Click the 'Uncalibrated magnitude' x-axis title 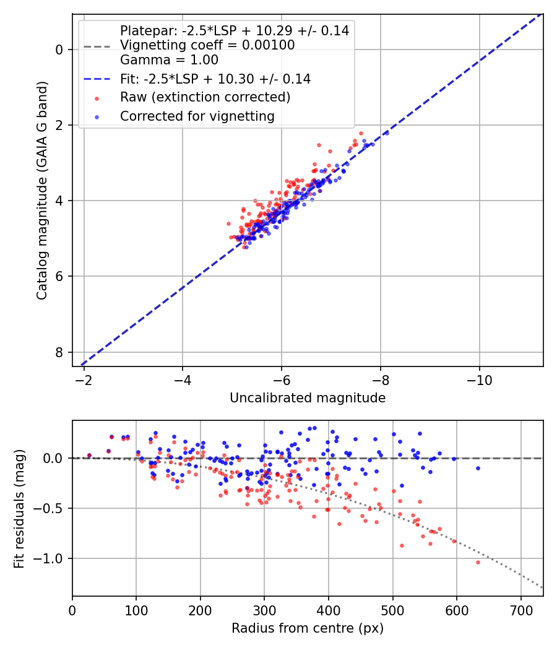coord(308,398)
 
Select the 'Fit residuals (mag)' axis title coord(19,508)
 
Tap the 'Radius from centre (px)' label coord(308,628)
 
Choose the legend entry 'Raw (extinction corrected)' coord(205,97)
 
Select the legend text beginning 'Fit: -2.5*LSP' coord(215,79)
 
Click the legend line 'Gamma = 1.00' coord(169,61)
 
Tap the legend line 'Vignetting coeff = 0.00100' coord(207,46)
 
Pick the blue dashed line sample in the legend coord(97,79)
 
